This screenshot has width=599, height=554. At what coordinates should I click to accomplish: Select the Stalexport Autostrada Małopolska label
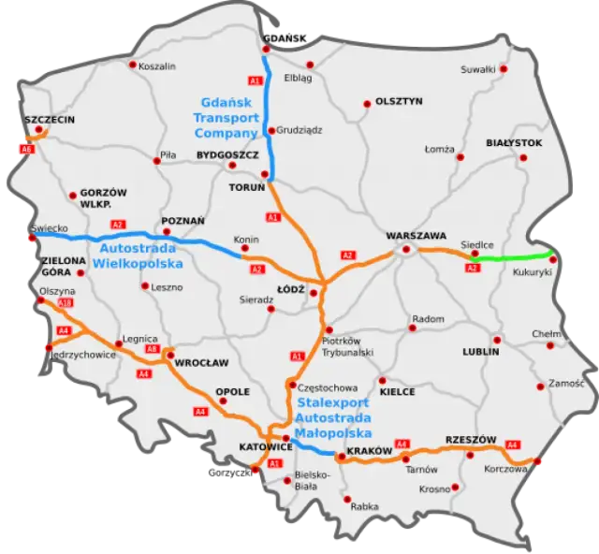tap(332, 417)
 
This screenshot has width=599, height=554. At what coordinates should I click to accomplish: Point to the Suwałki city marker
tap(503, 68)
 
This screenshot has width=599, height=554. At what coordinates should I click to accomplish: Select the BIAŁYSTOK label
tap(514, 142)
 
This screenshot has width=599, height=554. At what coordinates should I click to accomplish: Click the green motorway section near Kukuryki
tap(510, 255)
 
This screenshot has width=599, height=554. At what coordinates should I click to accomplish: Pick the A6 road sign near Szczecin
tap(26, 149)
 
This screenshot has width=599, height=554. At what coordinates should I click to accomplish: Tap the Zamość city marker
tap(540, 384)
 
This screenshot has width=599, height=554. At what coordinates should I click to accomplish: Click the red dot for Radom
tap(411, 328)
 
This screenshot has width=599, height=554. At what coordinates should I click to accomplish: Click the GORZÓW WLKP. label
tap(104, 197)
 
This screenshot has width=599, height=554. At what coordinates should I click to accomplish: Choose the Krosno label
tap(435, 488)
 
